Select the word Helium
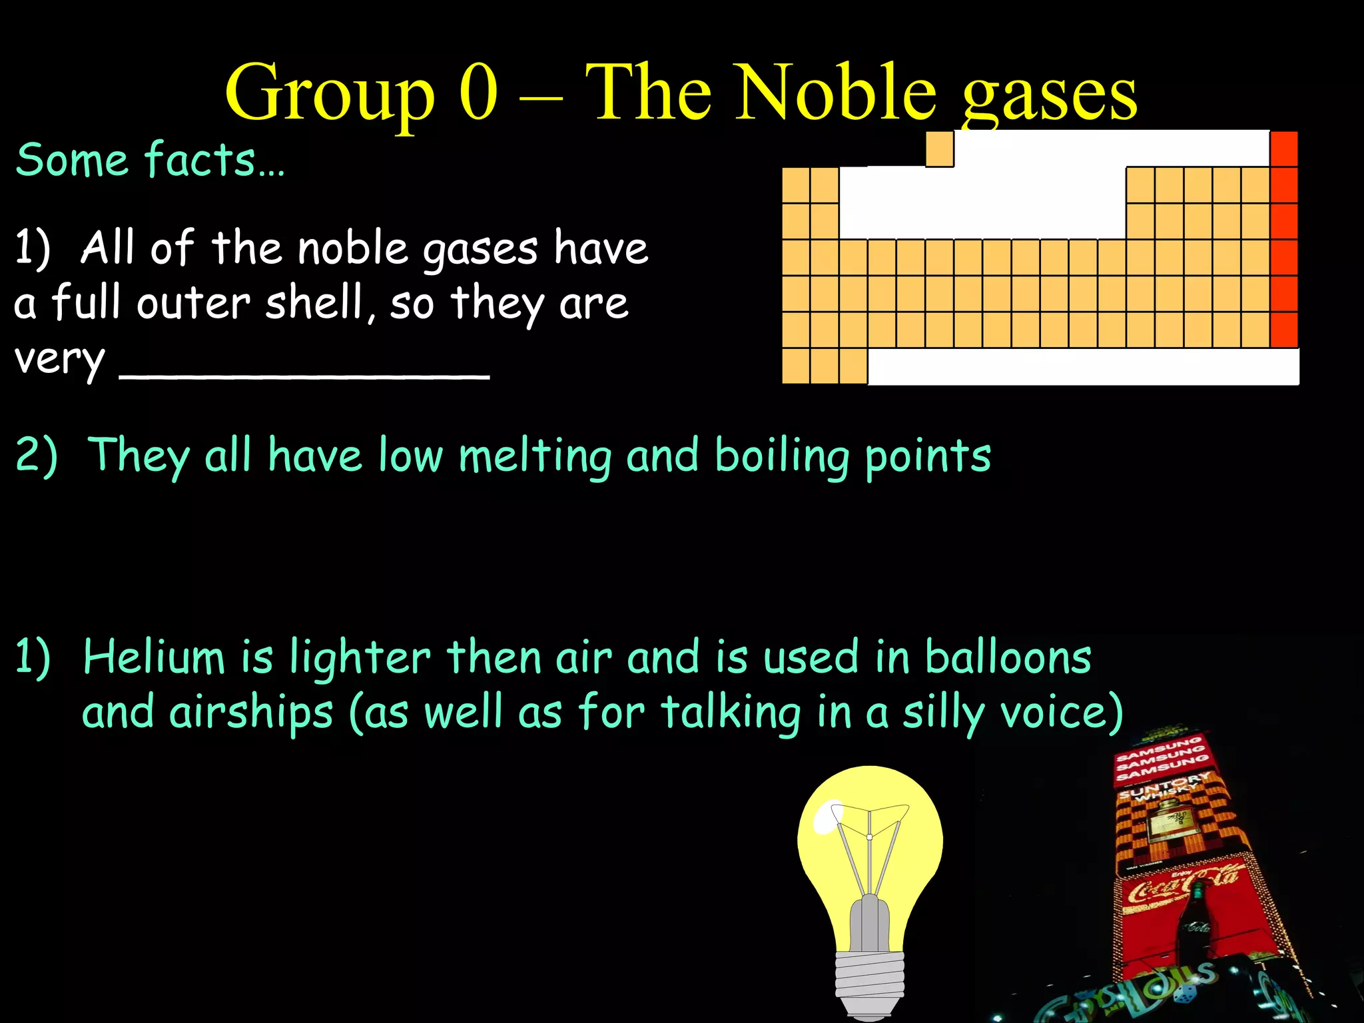154,657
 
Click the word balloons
1008,657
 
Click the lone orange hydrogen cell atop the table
940,149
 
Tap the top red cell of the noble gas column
1284,149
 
